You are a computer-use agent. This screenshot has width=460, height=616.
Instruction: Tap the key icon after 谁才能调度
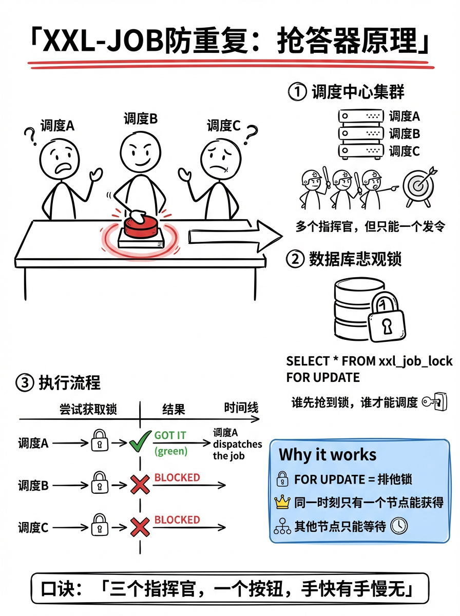pyautogui.click(x=434, y=402)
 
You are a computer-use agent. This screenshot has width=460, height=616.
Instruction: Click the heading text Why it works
pyautogui.click(x=328, y=455)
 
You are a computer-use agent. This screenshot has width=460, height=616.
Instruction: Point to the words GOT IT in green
pyautogui.click(x=170, y=435)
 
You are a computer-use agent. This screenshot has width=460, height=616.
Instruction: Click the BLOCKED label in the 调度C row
pyautogui.click(x=177, y=520)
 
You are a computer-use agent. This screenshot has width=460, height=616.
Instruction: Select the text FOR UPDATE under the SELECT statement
pyautogui.click(x=323, y=378)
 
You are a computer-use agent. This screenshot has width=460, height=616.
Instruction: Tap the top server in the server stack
pyautogui.click(x=361, y=116)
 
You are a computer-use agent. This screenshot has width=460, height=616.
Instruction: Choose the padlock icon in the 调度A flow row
pyautogui.click(x=100, y=441)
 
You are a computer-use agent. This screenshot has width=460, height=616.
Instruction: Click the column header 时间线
pyautogui.click(x=241, y=409)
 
